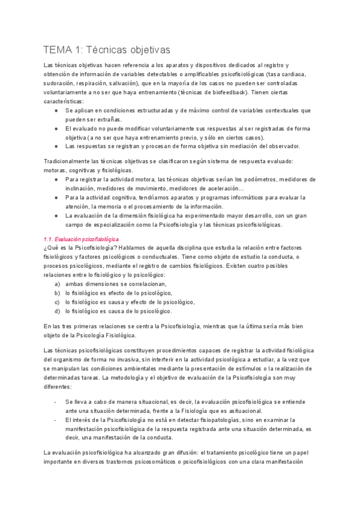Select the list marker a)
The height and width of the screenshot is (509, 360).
pos(57,284)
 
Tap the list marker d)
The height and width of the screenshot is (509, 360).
pos(57,311)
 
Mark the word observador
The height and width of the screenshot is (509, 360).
pos(276,146)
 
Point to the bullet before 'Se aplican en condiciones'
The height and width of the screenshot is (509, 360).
pos(56,110)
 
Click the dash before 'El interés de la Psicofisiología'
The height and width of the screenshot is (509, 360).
pos(55,420)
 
